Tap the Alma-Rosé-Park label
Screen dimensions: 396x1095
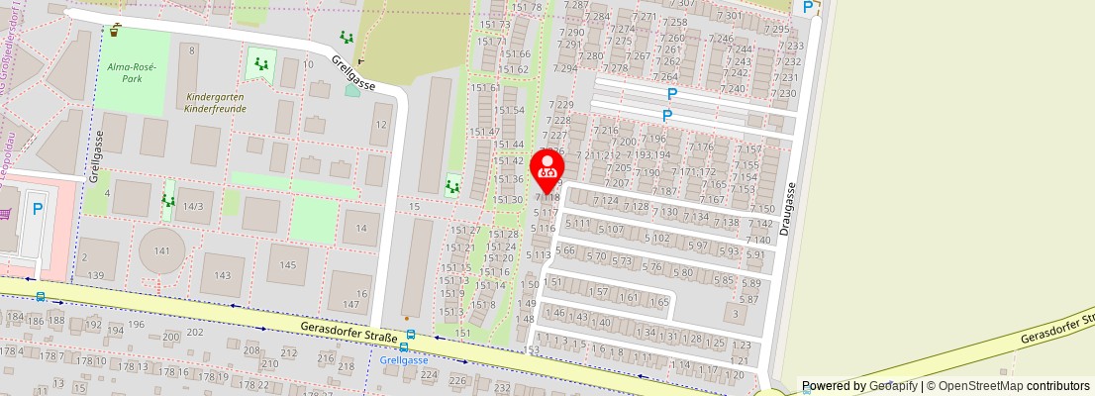[x=126, y=71]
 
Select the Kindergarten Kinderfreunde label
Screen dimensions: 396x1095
[x=215, y=103]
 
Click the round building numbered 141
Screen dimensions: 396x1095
[x=161, y=251]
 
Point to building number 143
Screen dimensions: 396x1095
[x=223, y=275]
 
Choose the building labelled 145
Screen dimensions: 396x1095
[x=287, y=264]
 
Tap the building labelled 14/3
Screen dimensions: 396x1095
[x=193, y=206]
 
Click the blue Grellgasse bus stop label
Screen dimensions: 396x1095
[x=404, y=361]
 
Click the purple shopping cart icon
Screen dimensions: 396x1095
[x=5, y=212]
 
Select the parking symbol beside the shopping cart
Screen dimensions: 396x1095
[x=38, y=209]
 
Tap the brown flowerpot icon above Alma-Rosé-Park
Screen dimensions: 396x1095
[x=116, y=31]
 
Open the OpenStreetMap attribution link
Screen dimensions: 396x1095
[x=1001, y=386]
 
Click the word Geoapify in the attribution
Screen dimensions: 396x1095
[x=892, y=386]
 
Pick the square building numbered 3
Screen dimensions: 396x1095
[x=734, y=316]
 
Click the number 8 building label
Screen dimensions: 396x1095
[x=191, y=49]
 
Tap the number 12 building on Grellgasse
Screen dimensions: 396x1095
[x=380, y=124]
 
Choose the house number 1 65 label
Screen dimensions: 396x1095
[x=658, y=302]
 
